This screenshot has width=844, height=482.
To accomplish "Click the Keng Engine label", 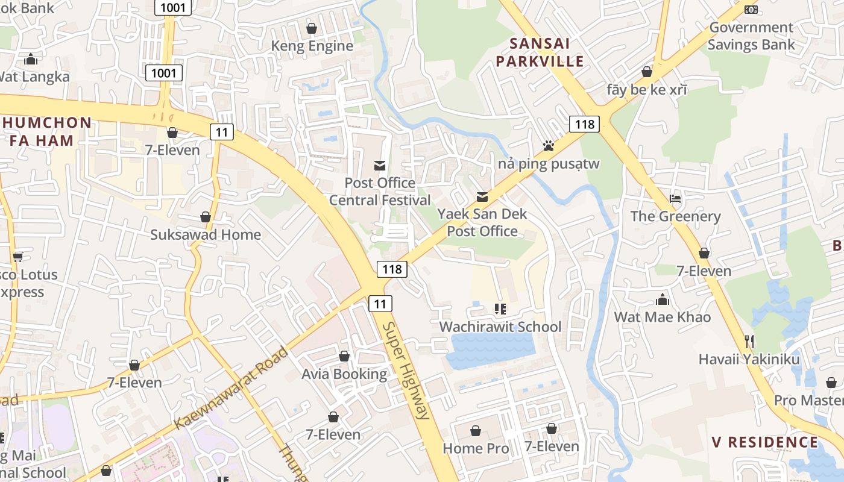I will click(312, 46).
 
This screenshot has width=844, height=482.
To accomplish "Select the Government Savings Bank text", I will click(751, 36).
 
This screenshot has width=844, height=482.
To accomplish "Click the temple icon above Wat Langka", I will click(31, 59).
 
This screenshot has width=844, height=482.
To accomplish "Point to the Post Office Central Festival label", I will click(380, 191).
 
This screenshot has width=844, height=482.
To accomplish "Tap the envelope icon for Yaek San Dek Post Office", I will click(482, 197).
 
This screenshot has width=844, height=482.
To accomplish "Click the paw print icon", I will click(548, 146).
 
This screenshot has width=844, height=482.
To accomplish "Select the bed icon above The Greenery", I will click(675, 199).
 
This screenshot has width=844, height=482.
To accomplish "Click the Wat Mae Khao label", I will click(662, 317).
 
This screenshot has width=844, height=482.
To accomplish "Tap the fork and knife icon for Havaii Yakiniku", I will click(749, 342).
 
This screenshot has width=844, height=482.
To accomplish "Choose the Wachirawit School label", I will click(500, 327).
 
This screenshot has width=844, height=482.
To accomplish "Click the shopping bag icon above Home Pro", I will click(476, 431).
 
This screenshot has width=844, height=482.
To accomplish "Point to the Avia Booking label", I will click(344, 374).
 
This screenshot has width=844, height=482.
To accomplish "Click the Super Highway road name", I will click(407, 370).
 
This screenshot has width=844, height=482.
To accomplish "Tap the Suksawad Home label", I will click(206, 234).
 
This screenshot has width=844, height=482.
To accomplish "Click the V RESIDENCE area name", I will click(764, 442).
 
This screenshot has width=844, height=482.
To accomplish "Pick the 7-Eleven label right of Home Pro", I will click(551, 446).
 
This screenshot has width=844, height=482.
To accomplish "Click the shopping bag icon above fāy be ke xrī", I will click(647, 72).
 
